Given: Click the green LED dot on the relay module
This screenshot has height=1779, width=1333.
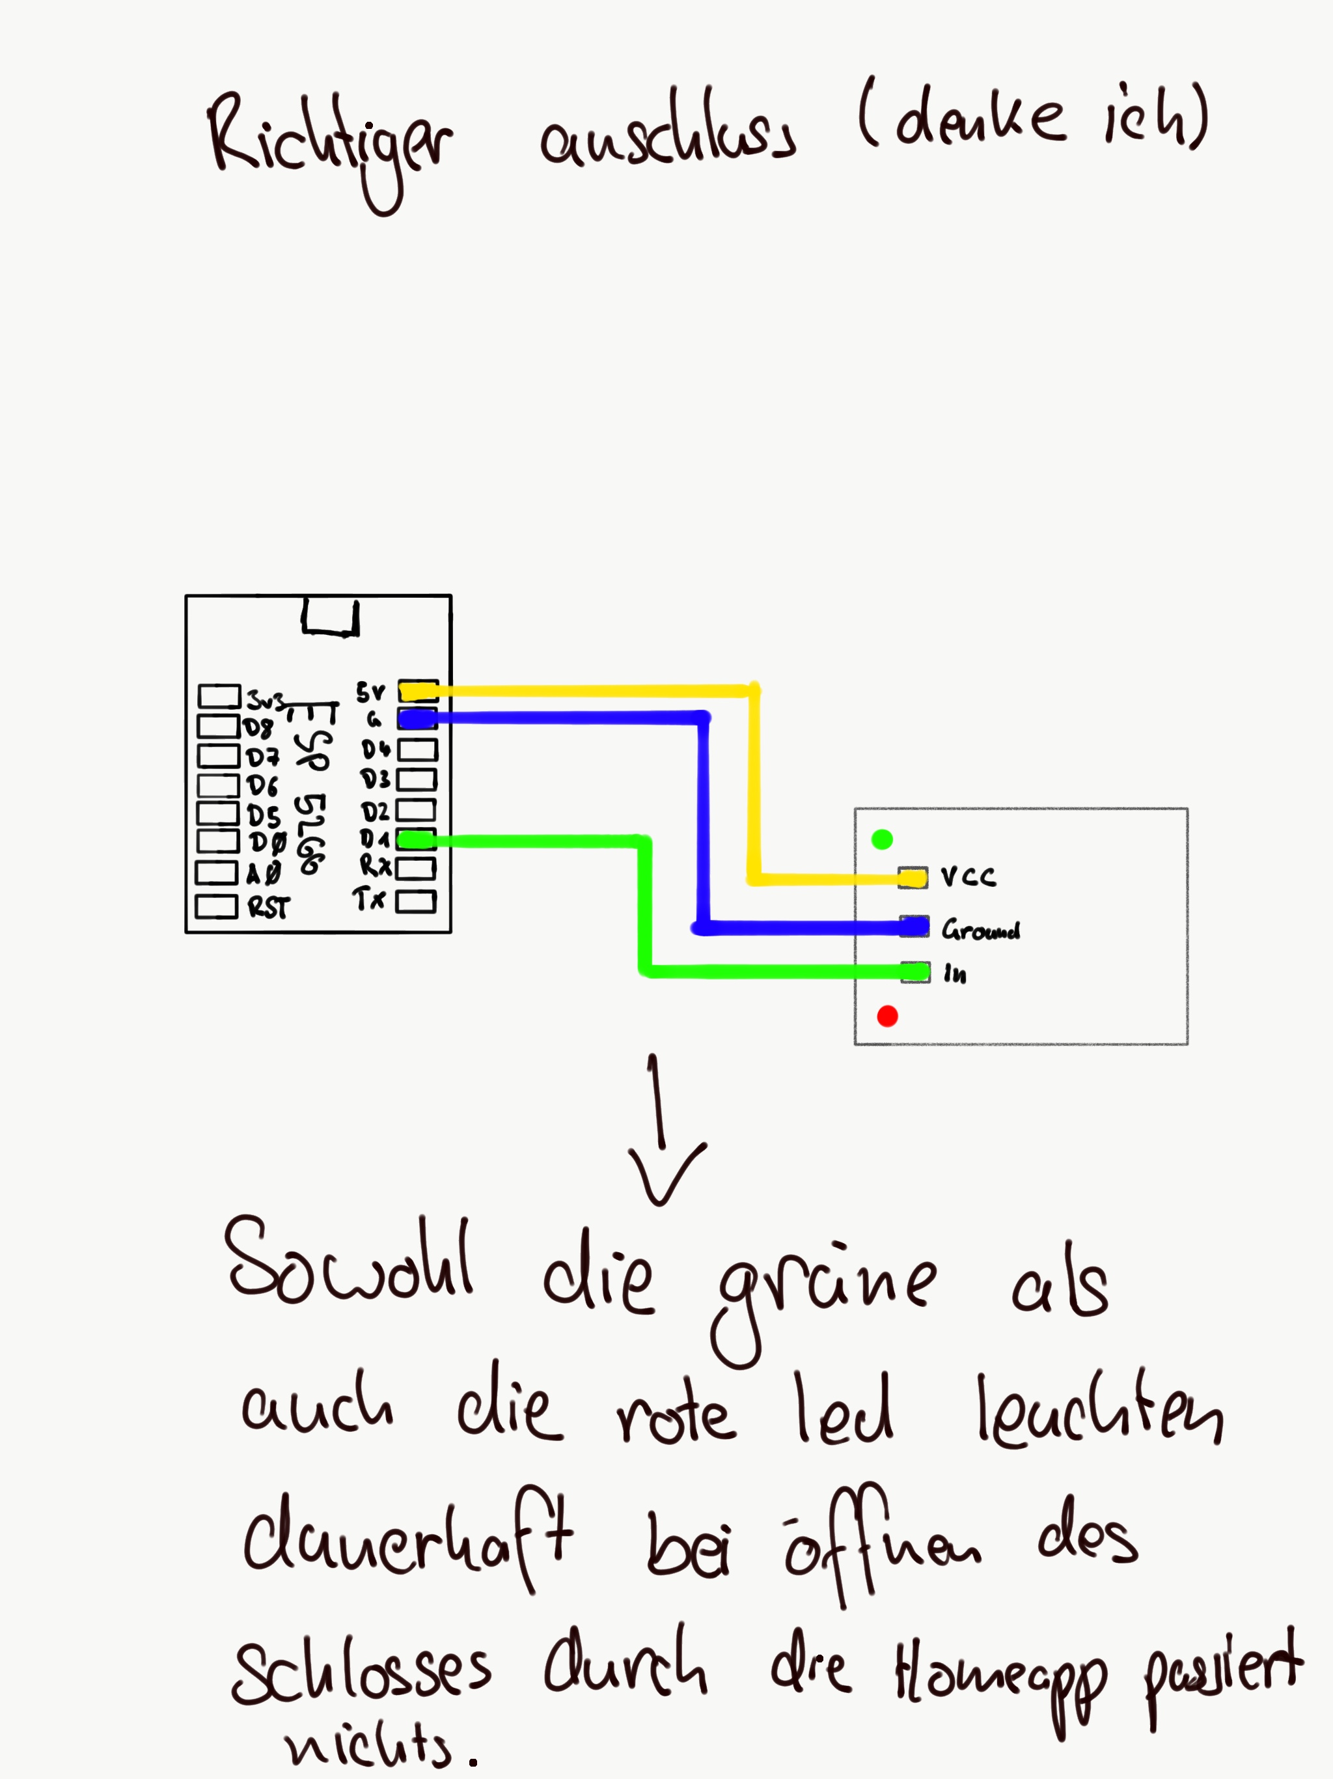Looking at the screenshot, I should [x=882, y=839].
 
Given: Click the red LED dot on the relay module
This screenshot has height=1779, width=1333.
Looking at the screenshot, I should [x=888, y=1016].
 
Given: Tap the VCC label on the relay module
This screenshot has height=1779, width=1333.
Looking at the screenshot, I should [x=969, y=876].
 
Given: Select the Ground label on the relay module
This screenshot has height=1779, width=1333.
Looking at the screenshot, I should [x=981, y=931].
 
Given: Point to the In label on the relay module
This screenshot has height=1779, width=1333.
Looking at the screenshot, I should [x=955, y=975].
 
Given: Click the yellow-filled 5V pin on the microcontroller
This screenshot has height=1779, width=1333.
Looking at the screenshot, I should [x=418, y=691].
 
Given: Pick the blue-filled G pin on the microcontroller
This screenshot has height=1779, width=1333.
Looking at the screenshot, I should [x=418, y=718].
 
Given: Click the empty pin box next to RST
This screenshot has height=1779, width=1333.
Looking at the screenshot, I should [x=216, y=906].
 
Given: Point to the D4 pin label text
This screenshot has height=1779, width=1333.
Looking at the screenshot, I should [x=376, y=749].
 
